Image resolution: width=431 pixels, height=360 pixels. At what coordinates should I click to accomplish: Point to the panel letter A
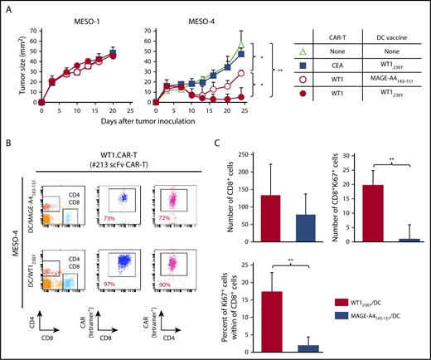tap(7, 7)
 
